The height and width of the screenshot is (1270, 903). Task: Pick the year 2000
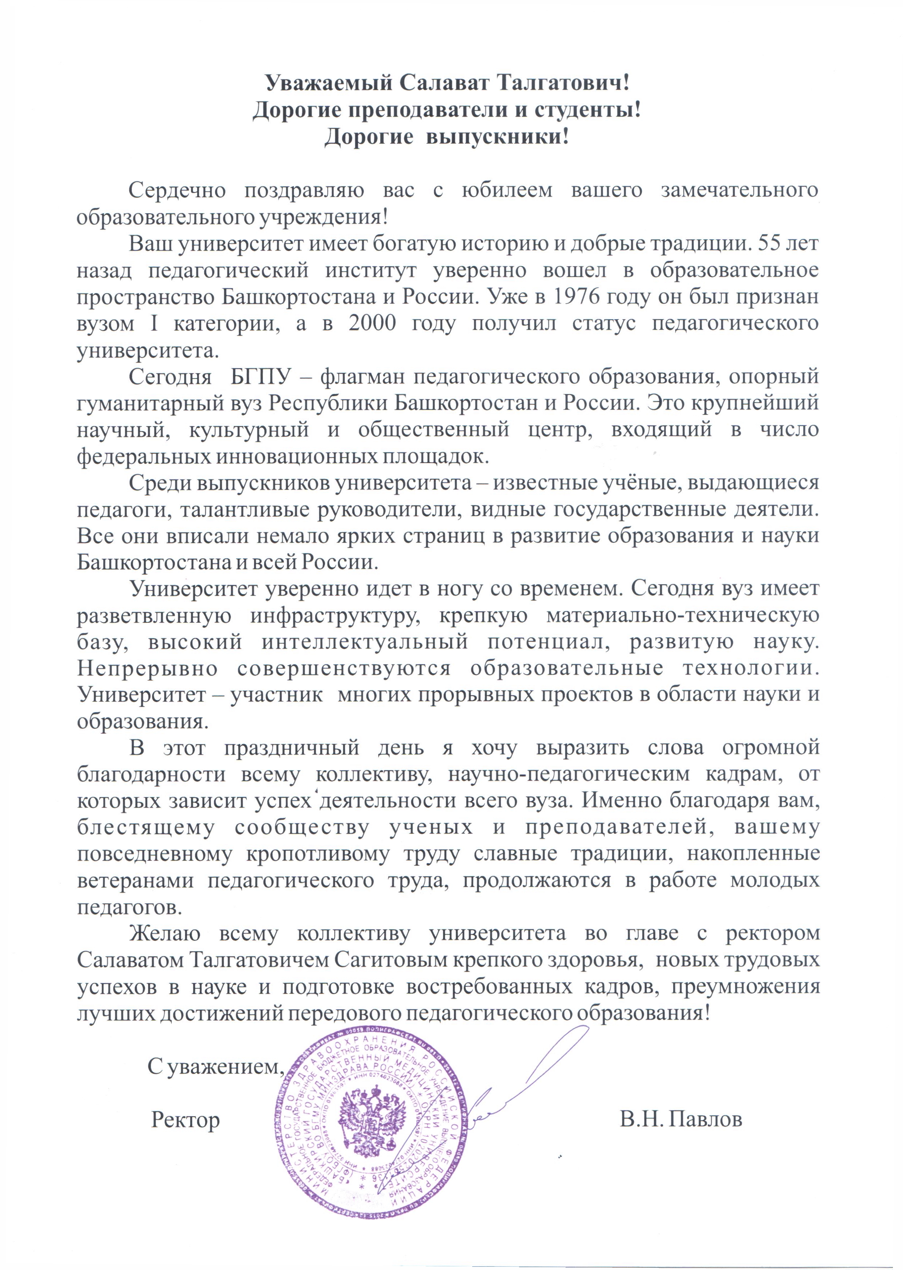(372, 323)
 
